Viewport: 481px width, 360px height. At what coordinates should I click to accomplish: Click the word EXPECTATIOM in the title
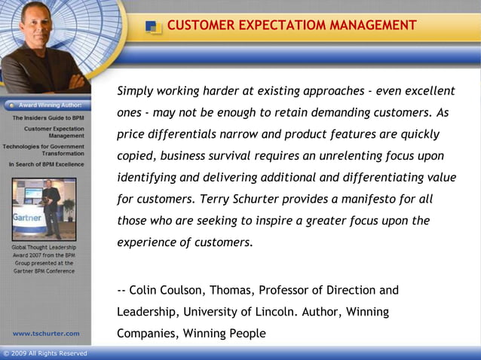(x=273, y=26)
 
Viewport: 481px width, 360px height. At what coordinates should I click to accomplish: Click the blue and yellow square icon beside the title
(x=154, y=27)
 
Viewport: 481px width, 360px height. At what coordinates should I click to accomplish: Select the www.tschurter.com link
(x=46, y=333)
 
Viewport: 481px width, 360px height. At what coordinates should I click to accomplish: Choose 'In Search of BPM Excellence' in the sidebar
(x=47, y=163)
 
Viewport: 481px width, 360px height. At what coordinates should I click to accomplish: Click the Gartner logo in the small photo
(x=26, y=215)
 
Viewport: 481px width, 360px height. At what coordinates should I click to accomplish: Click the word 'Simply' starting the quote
(x=136, y=91)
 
